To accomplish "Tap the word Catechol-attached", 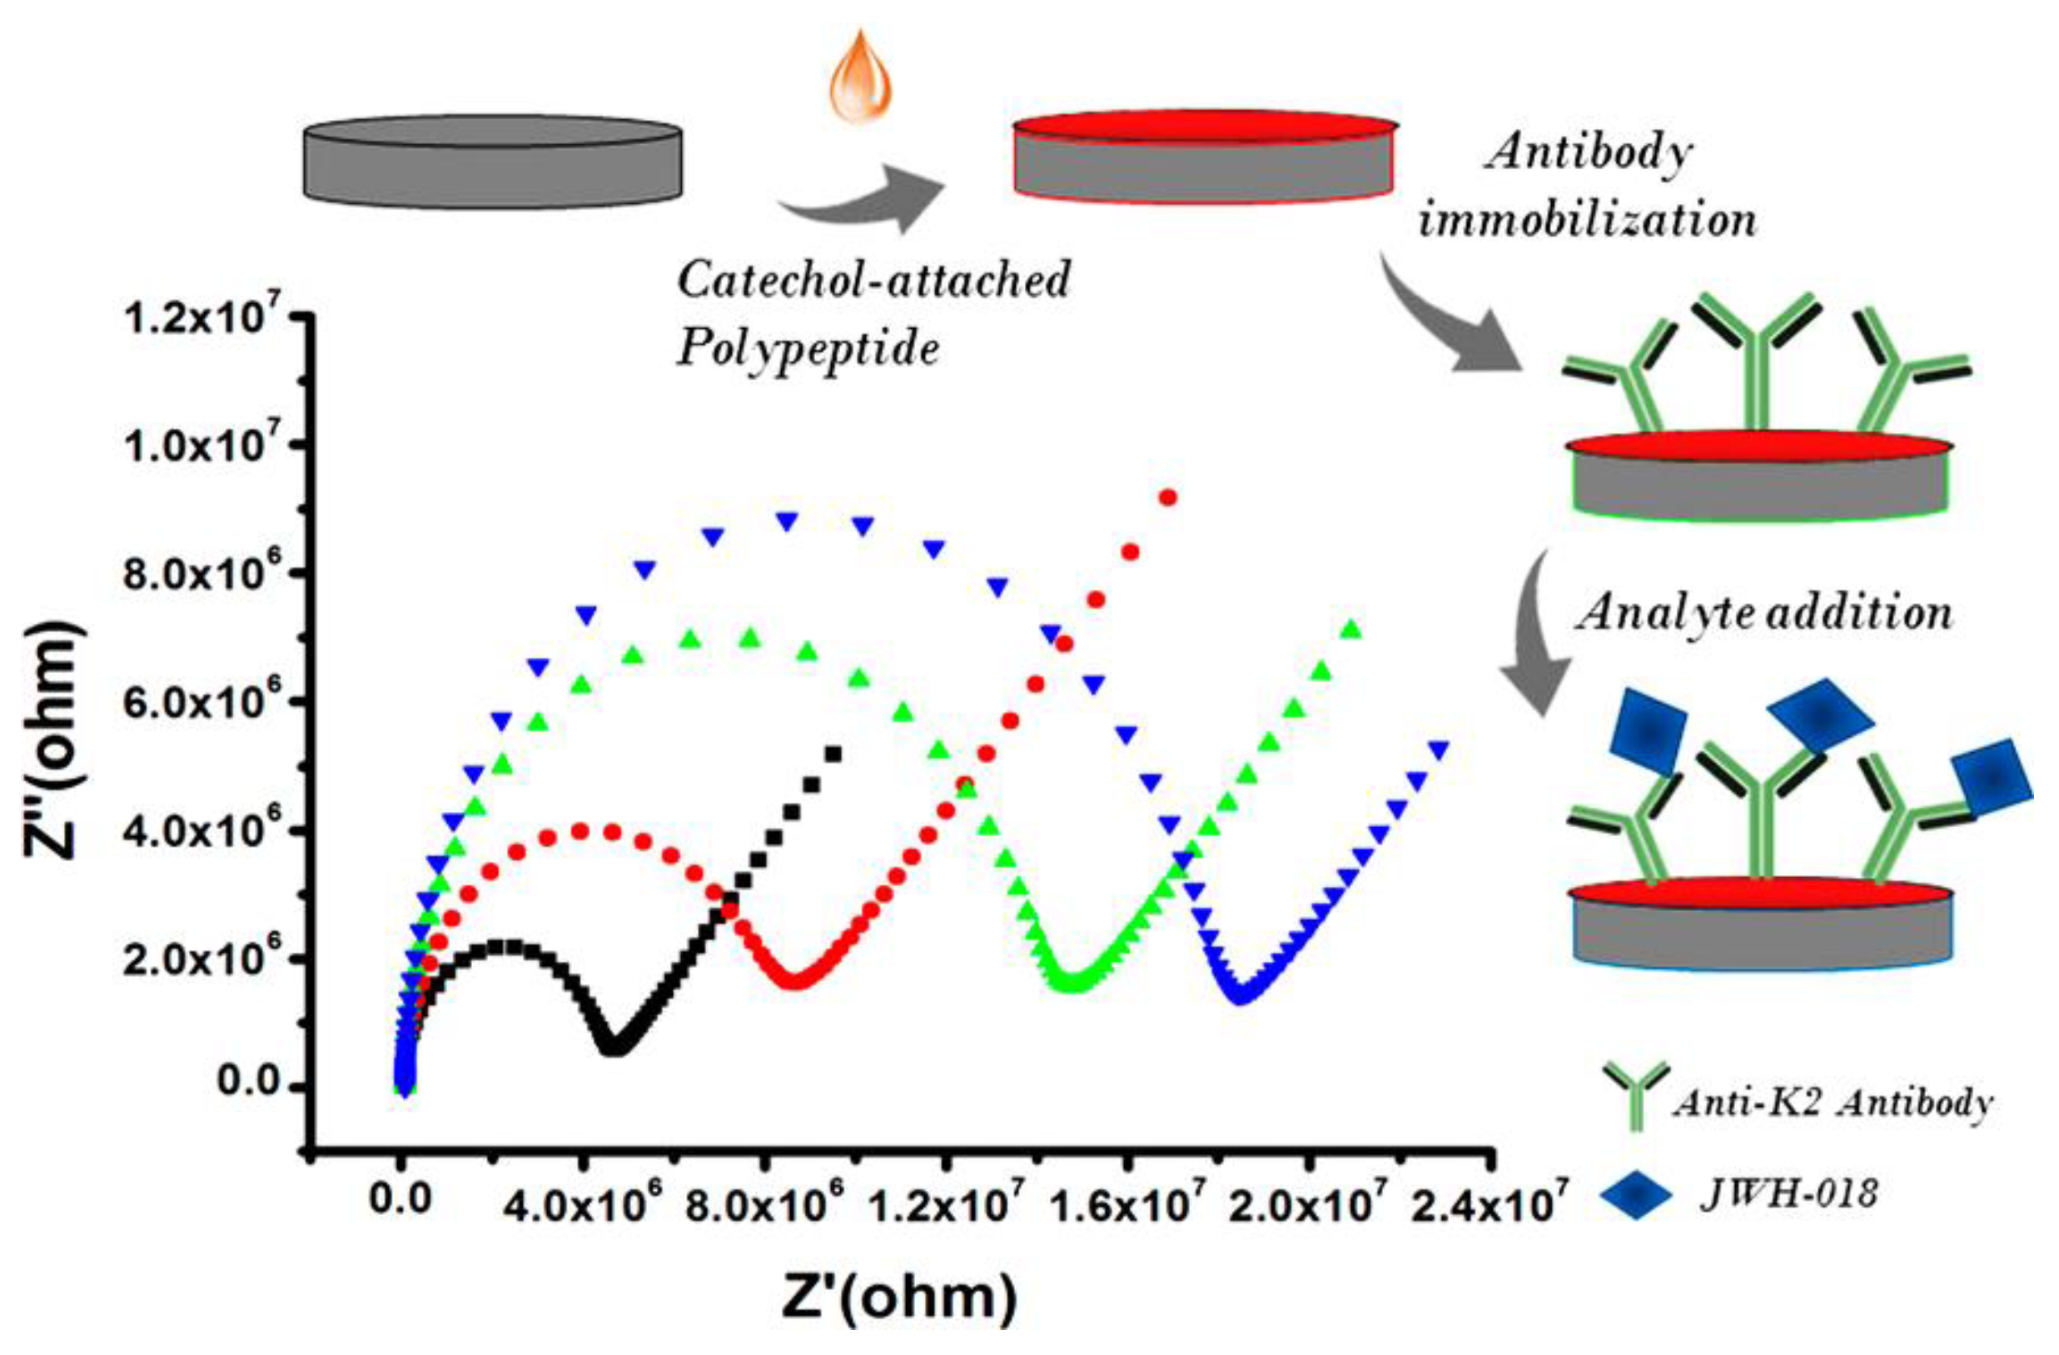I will (873, 281).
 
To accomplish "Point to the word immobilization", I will (1589, 220).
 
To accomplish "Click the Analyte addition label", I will (1765, 614).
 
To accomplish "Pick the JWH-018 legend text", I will (1789, 1194).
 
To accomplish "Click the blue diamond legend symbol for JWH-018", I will (1635, 1195).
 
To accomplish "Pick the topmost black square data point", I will (833, 755).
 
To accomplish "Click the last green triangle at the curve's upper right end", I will (1351, 630).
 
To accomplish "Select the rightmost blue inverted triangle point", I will (1438, 751).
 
